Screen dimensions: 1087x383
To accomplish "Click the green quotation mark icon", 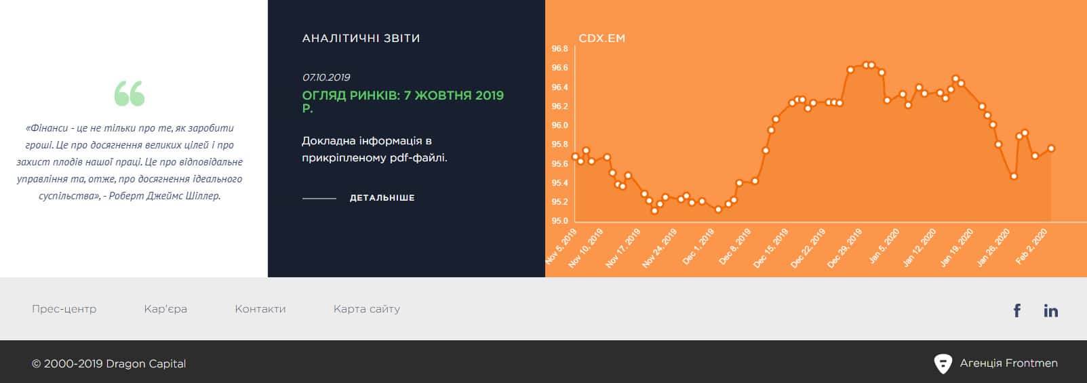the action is (130, 93).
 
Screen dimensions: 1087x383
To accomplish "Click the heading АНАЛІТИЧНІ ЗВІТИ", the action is (361, 38).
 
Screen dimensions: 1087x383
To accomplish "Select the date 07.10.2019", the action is (326, 77).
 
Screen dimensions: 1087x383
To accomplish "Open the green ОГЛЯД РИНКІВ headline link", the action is (403, 101).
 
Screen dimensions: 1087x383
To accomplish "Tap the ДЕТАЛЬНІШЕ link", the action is (382, 198).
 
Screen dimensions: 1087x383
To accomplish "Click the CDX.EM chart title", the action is (601, 38).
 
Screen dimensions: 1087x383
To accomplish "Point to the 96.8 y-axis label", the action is (559, 49).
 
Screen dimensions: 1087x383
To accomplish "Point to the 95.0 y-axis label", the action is (559, 221).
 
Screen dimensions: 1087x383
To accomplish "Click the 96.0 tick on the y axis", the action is (559, 125).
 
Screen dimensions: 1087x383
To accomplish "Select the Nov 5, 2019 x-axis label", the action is (561, 247).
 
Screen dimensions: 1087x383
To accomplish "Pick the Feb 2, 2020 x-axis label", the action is (1031, 247).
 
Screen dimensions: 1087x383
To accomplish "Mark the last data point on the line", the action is (1051, 148).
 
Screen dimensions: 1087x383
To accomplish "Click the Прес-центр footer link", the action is (64, 309).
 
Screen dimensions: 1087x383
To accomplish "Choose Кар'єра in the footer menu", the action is (165, 309).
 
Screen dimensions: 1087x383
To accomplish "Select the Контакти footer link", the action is (260, 309).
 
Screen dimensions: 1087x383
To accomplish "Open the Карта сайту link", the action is (367, 309).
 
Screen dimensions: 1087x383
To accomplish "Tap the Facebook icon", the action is (1017, 310).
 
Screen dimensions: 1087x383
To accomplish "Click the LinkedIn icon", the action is (1051, 310).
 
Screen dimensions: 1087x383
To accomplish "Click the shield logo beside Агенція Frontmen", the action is (943, 364).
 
